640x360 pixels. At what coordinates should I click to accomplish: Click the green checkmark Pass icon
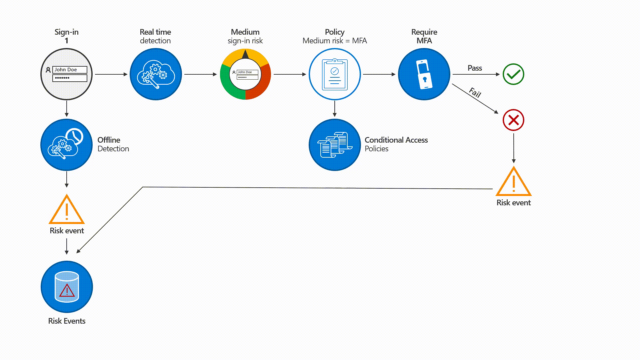[x=513, y=74]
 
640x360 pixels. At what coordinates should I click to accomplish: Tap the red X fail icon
[x=513, y=120]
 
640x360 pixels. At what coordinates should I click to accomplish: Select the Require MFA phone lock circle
[x=424, y=74]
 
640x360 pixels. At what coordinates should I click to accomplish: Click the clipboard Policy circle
[x=335, y=74]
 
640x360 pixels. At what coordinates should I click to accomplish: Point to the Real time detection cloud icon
[x=156, y=74]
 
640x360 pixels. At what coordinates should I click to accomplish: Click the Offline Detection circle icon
[x=66, y=145]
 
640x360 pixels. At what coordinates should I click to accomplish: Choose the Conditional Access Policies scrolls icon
[x=335, y=145]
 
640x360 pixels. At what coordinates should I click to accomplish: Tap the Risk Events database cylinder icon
[x=67, y=287]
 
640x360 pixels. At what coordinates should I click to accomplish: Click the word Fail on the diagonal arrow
[x=475, y=92]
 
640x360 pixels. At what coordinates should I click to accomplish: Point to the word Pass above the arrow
[x=475, y=68]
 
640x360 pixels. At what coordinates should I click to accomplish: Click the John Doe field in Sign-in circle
[x=70, y=70]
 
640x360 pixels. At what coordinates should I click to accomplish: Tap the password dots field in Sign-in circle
[x=70, y=78]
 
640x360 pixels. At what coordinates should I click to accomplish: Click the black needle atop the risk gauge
[x=245, y=55]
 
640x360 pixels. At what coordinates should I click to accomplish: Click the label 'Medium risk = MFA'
[x=335, y=41]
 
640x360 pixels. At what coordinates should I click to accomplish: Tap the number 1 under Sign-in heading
[x=66, y=41]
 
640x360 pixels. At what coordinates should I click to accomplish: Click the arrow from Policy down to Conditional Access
[x=335, y=109]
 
